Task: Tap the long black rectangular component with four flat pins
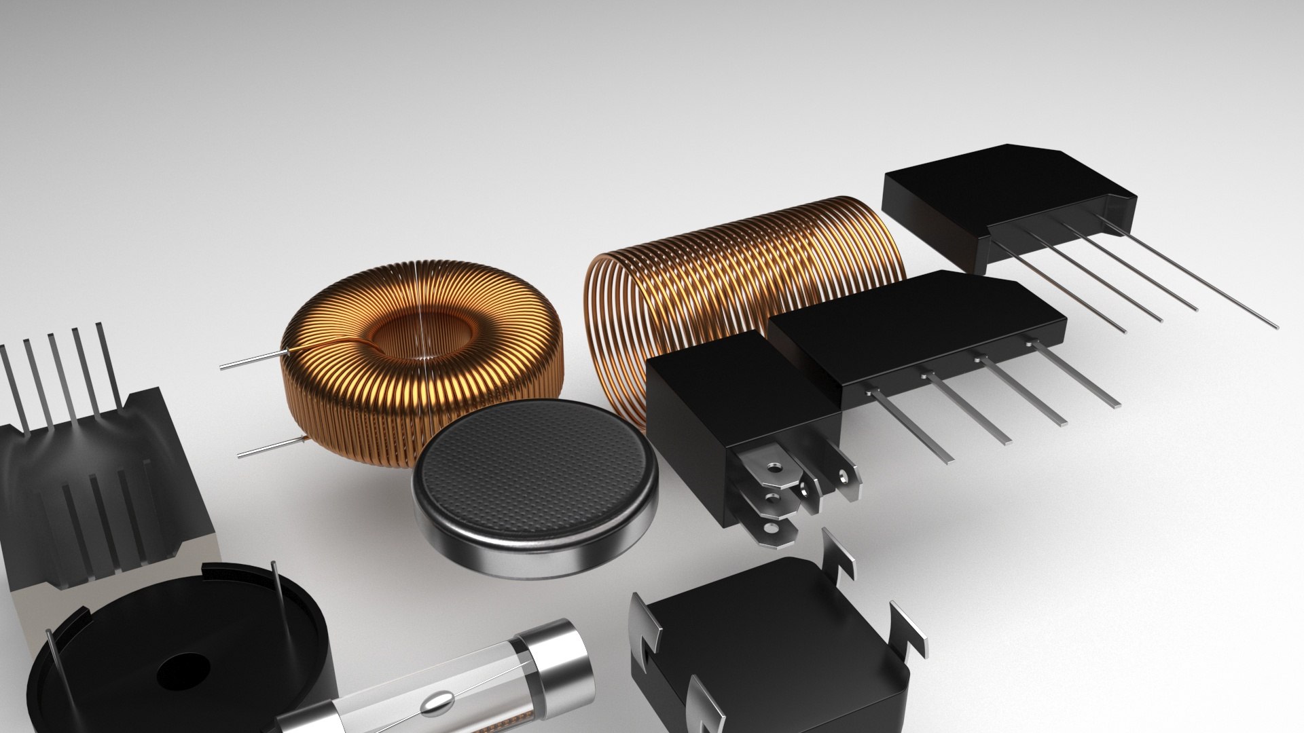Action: [917, 333]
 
